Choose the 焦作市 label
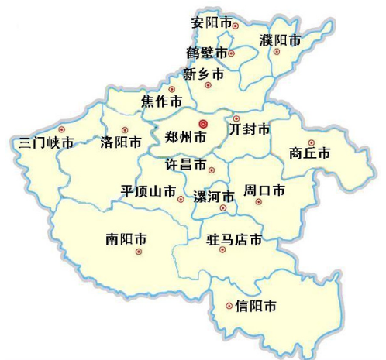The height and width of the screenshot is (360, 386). (162, 101)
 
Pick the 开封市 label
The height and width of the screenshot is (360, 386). (250, 129)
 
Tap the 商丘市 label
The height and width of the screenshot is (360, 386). (309, 153)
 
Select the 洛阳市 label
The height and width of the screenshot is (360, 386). (122, 142)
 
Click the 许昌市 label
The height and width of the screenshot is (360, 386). (187, 165)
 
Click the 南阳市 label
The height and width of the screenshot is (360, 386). (126, 238)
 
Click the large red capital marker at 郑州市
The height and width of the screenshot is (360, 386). (203, 123)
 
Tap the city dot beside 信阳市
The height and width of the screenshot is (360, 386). (229, 306)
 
